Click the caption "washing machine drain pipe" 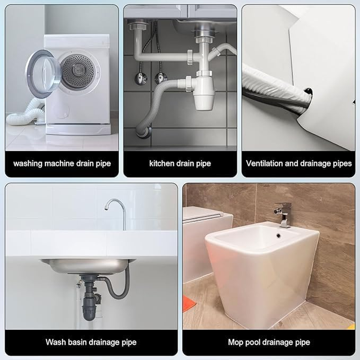[62, 163]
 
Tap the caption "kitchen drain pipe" [180, 163]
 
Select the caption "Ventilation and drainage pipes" [299, 163]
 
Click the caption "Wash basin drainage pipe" [91, 342]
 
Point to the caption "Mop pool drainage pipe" [269, 342]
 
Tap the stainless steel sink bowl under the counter [85, 265]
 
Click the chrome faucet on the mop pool [283, 213]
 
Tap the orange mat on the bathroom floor [189, 304]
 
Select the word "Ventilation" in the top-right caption [265, 163]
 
